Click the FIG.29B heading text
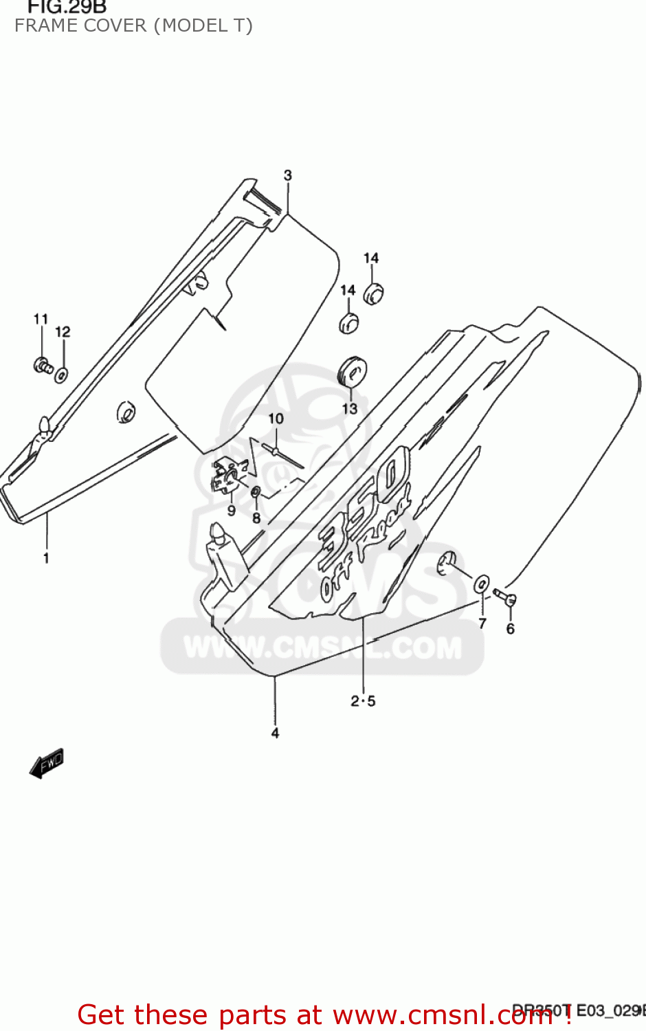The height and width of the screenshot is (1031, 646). [x=67, y=8]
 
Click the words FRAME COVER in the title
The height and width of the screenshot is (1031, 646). [x=80, y=26]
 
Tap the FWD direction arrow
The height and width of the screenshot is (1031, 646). [x=47, y=763]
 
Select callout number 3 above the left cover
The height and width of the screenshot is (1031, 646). [x=288, y=175]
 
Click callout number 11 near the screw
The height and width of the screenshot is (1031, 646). [x=41, y=319]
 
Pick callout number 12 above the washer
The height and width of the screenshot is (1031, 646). [x=63, y=332]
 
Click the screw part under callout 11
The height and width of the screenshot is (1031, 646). [x=43, y=366]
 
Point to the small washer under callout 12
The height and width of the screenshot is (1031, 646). [x=61, y=375]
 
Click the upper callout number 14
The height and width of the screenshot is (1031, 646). [x=371, y=258]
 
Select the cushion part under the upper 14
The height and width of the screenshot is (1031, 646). [x=373, y=293]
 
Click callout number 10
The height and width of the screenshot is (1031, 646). [x=276, y=419]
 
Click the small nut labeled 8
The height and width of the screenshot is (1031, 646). [x=255, y=492]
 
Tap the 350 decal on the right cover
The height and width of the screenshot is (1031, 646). [x=364, y=502]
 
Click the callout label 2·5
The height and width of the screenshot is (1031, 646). [x=363, y=701]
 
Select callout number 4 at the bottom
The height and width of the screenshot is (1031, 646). [x=275, y=733]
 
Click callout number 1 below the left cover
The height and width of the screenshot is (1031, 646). [x=46, y=558]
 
